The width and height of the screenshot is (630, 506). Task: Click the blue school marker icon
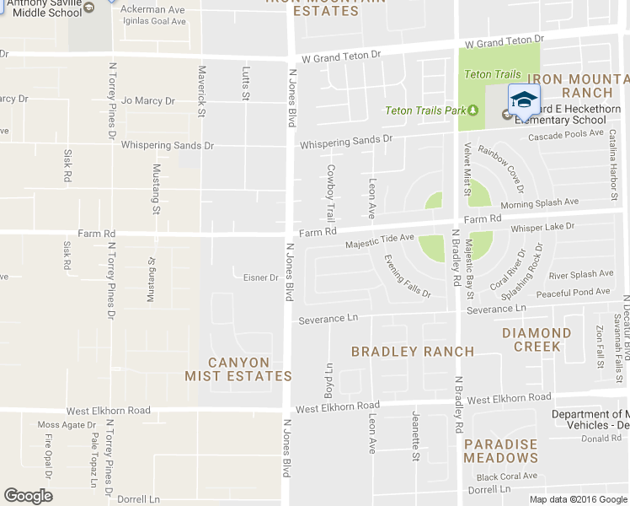point(523,100)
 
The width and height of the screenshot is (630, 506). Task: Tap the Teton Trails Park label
point(425,110)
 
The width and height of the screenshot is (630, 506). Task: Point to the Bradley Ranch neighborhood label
point(413,351)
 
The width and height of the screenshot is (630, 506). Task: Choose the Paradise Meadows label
point(500,451)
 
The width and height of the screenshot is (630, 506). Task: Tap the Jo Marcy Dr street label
point(147,101)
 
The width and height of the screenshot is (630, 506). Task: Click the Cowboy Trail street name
point(331,194)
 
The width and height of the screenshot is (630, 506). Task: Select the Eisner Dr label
point(260,277)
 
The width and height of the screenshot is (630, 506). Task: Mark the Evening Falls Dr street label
point(408,277)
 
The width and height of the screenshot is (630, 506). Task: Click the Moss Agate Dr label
point(66,424)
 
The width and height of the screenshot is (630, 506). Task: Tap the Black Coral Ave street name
point(506,476)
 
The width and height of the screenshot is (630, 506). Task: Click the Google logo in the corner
point(28,496)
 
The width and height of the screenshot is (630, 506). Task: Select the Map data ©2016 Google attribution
point(578,499)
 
